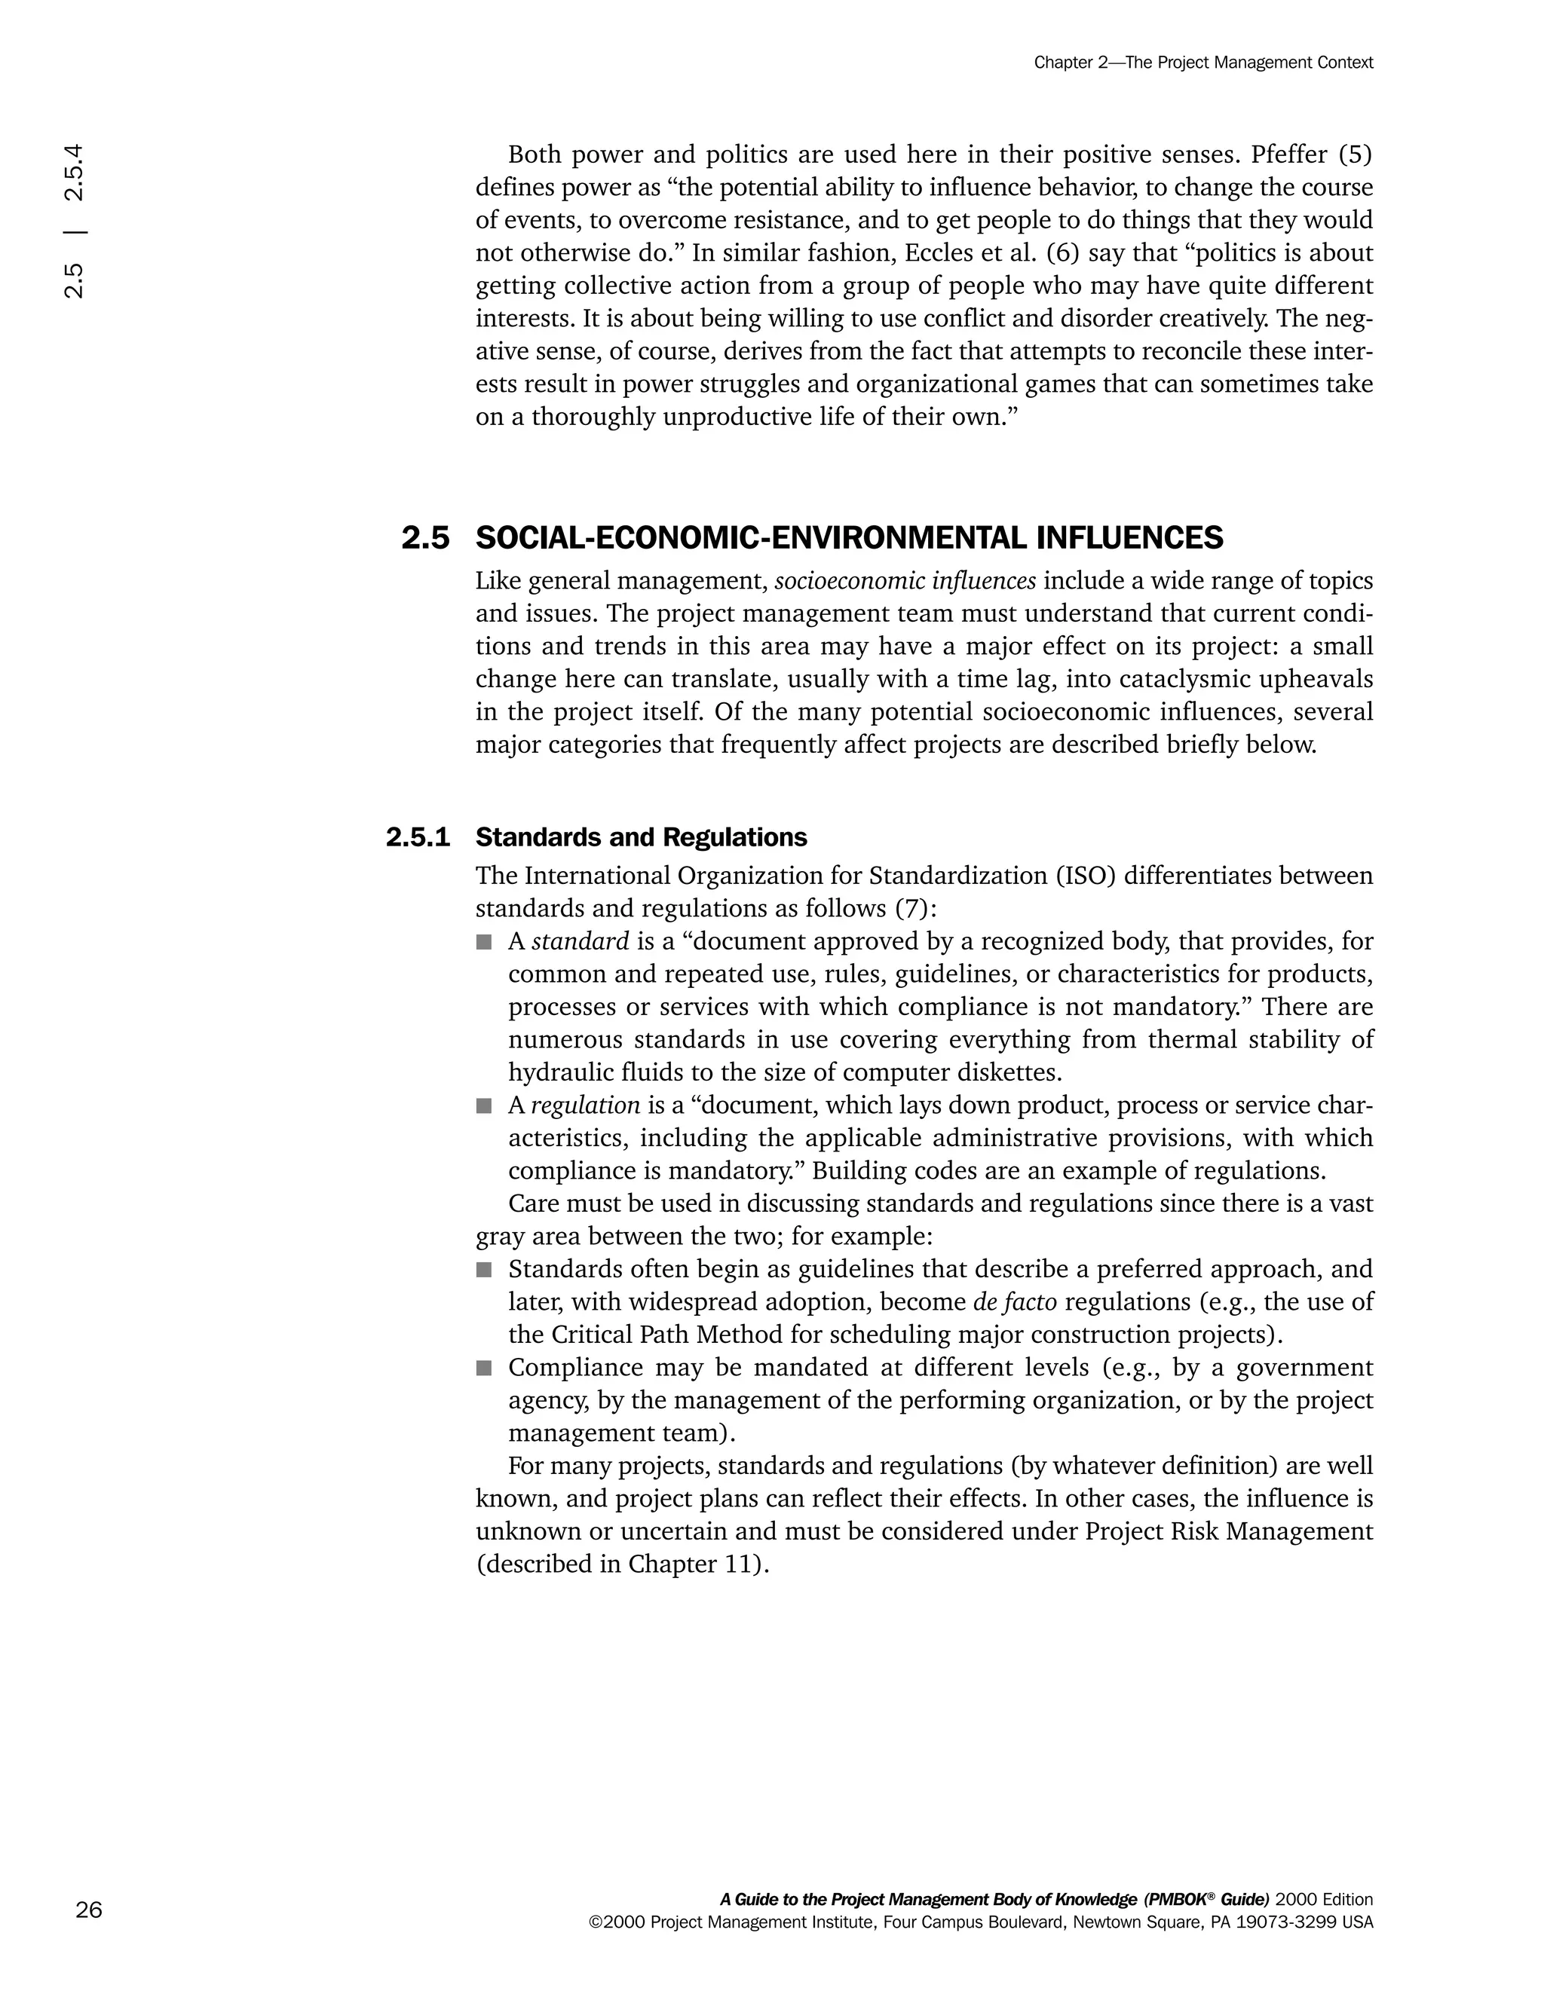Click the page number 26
[89, 1910]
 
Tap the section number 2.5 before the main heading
[425, 539]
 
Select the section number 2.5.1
[418, 837]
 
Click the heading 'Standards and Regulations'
[642, 837]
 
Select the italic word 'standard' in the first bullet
[580, 941]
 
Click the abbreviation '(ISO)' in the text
[1086, 876]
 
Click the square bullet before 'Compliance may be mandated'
[484, 1368]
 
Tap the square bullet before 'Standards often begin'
[484, 1269]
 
